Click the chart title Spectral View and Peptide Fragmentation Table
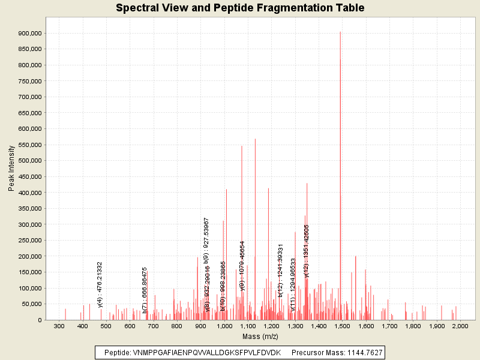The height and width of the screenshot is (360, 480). click(x=240, y=8)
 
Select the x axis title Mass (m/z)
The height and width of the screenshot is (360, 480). click(x=259, y=336)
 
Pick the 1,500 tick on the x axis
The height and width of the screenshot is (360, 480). click(x=341, y=326)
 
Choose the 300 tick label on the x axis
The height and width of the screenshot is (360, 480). click(x=59, y=326)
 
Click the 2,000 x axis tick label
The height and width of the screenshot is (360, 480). click(x=460, y=326)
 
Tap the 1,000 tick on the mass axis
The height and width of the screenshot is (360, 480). click(x=224, y=326)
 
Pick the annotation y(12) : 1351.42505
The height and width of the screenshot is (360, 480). click(x=307, y=251)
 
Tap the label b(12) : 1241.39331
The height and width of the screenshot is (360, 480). click(x=280, y=271)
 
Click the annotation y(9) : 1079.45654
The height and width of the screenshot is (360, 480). click(x=242, y=266)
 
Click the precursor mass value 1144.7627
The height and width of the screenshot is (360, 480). click(x=359, y=352)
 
